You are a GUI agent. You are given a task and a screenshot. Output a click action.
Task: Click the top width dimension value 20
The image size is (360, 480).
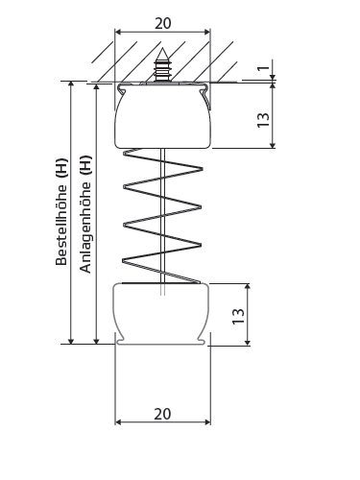pos(163,23)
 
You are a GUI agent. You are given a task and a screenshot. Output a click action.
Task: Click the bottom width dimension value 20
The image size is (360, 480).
pos(162,414)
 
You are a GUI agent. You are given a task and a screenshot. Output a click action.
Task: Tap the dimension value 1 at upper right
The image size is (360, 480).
pos(264,68)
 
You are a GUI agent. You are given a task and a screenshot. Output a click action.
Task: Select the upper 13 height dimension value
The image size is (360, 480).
pos(264,120)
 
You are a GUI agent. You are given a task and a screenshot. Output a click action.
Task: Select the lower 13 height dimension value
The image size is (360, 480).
pos(238,317)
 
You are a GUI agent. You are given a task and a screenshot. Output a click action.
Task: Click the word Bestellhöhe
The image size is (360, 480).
pos(61,224)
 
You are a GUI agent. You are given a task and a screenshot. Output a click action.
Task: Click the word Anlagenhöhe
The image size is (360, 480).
pos(85,227)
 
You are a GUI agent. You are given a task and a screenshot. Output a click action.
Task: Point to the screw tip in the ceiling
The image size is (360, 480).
pos(162,50)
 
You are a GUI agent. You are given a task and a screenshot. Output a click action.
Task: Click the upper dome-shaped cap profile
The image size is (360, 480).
pos(163,117)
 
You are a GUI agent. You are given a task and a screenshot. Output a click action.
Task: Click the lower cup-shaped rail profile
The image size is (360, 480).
pos(162,314)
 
